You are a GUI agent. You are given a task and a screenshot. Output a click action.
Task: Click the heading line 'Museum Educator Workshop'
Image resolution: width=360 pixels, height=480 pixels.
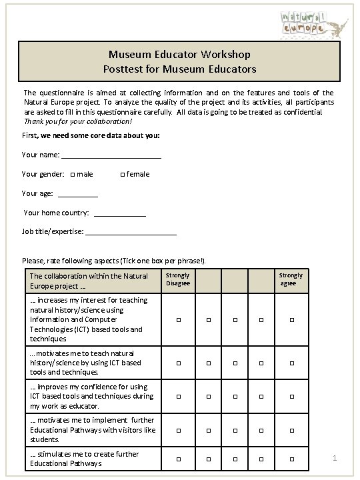point(179,55)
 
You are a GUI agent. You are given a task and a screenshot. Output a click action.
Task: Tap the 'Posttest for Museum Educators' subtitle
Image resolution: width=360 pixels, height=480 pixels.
point(179,69)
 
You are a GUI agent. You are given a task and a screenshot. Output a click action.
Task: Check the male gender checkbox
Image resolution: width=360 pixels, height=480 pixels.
point(72,175)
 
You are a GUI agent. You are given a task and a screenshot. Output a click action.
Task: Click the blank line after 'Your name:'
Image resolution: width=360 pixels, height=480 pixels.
point(111,156)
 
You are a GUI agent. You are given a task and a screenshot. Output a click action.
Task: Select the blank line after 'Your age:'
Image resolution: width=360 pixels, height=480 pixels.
point(78,194)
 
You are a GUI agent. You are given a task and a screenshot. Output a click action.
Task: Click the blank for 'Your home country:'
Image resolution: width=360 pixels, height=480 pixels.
point(120,213)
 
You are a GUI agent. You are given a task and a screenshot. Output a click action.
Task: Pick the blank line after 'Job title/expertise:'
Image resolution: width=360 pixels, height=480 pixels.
point(131,232)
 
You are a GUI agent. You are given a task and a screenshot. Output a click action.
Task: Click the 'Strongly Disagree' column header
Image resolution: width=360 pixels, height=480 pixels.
point(178,279)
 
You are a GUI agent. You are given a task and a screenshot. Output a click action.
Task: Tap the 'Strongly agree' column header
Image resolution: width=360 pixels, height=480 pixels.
point(291,279)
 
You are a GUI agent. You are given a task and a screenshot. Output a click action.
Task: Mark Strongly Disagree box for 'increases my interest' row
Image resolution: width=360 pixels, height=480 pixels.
point(178,321)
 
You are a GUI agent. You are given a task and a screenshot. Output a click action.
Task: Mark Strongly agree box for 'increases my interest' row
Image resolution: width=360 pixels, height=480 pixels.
point(291,321)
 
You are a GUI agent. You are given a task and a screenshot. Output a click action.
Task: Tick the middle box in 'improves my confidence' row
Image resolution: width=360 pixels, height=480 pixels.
point(235,397)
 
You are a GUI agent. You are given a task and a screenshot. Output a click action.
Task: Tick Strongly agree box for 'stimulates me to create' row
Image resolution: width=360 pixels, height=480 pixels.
point(291,459)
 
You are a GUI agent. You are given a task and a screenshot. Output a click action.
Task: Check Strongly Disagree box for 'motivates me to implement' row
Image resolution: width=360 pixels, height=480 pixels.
point(178,431)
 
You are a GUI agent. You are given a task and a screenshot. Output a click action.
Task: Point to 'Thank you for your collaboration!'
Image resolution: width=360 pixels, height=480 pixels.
point(78,122)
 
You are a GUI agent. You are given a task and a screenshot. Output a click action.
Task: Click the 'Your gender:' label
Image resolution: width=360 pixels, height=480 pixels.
point(43,175)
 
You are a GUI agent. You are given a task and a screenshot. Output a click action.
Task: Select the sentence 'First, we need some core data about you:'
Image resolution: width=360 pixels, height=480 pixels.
point(91,136)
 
